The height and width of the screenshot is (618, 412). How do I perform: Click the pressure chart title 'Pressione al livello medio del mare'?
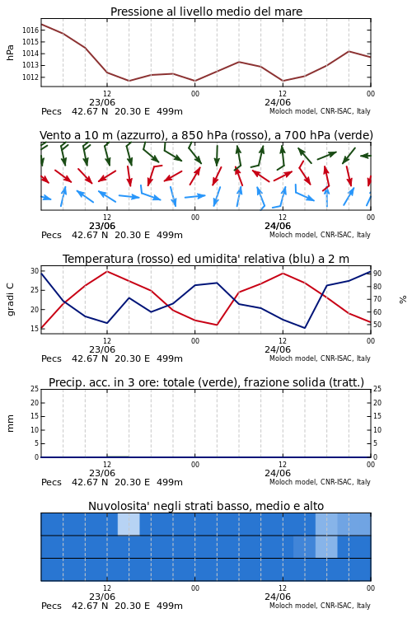click(206, 12)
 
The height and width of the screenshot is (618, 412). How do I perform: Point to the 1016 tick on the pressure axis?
click(30, 30)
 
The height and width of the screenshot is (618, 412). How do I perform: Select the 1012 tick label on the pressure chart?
click(30, 77)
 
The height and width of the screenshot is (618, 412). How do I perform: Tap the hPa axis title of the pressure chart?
click(10, 53)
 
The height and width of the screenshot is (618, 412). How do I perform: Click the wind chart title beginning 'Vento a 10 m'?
click(206, 135)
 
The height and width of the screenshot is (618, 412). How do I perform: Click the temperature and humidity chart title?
click(206, 259)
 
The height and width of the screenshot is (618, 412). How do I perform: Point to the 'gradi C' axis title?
click(11, 299)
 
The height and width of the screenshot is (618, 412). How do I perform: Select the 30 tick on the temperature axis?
click(35, 271)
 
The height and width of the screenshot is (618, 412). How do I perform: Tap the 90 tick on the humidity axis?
click(377, 273)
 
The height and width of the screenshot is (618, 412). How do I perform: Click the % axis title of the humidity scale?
click(403, 300)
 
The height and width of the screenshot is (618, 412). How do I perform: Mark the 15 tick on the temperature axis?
click(35, 329)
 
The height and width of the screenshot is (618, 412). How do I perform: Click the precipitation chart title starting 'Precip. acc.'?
click(206, 382)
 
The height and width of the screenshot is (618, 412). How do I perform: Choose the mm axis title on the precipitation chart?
click(11, 424)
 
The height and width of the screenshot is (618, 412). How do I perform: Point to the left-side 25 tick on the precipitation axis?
click(35, 389)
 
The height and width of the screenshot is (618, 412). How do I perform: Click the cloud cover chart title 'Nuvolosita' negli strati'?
click(206, 506)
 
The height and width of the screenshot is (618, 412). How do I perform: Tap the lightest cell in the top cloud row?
click(129, 524)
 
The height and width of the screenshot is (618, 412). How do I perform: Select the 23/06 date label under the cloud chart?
click(102, 597)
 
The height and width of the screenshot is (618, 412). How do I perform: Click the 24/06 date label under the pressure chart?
click(278, 102)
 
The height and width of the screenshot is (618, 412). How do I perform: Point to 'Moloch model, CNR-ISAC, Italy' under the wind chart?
click(320, 235)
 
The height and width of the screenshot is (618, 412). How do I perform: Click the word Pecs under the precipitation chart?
click(51, 482)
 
